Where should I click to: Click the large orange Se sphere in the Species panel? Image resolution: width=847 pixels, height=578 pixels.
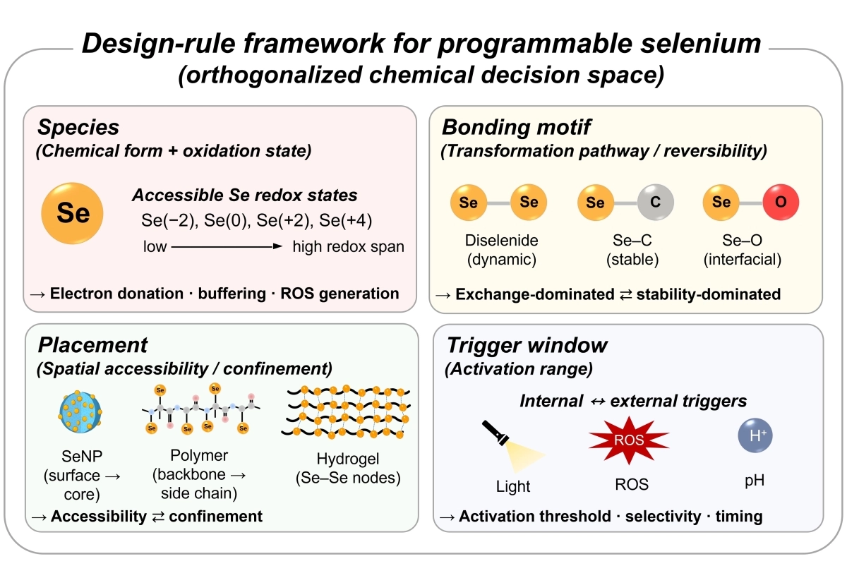(72, 214)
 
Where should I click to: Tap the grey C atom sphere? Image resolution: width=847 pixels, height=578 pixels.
(655, 203)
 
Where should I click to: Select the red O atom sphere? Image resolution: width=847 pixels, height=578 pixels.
(781, 203)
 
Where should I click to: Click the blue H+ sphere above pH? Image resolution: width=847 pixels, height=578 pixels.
(755, 435)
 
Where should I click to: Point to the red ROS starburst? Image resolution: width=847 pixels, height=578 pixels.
(629, 440)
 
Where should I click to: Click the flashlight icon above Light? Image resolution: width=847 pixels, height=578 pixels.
(512, 446)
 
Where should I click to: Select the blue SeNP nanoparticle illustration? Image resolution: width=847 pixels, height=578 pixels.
(80, 412)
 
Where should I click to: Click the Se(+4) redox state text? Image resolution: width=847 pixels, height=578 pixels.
(346, 220)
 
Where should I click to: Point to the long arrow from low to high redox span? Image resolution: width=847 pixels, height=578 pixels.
(227, 246)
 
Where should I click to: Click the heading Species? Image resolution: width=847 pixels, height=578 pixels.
(78, 128)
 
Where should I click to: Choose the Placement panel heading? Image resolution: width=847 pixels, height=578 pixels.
(92, 345)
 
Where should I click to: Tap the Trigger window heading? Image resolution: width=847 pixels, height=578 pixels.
(527, 345)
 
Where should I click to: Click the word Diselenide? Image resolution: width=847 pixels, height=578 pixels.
(501, 241)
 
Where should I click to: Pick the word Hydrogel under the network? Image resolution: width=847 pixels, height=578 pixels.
(348, 459)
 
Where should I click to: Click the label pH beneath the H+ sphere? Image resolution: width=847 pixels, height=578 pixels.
(755, 481)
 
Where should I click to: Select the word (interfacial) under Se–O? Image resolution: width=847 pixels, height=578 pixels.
(743, 260)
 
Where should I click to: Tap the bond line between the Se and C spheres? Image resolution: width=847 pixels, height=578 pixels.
(625, 203)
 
